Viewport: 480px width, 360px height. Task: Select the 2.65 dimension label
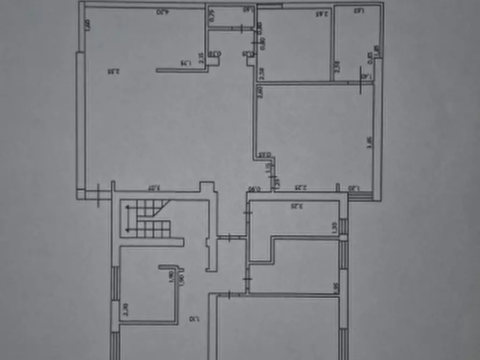[x=321, y=13]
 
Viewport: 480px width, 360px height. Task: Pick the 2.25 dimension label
[x=301, y=188]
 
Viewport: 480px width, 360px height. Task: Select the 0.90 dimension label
[x=254, y=189]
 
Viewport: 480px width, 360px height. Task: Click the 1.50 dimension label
[x=334, y=227]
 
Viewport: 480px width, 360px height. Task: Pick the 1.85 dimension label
[x=376, y=51]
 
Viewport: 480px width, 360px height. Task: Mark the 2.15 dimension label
[x=201, y=58]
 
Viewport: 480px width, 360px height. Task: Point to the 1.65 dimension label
[x=248, y=9]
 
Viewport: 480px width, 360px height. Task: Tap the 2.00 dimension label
[x=88, y=24]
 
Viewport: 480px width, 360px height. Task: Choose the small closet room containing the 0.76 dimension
[x=231, y=18]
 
